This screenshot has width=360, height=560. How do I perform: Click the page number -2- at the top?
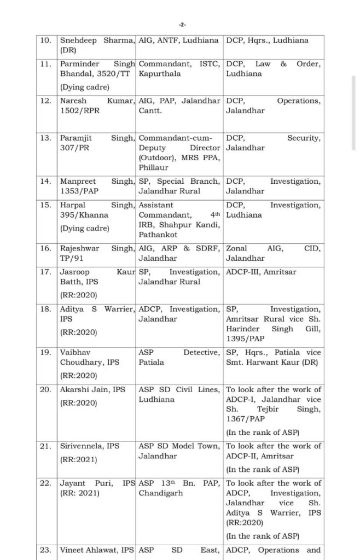[182, 25]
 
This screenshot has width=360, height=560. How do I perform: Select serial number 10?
[47, 40]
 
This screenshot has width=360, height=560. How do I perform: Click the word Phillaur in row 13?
[154, 167]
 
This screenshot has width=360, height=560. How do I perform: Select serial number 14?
[47, 182]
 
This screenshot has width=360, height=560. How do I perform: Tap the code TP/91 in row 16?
[71, 259]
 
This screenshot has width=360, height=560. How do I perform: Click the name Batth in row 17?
[71, 282]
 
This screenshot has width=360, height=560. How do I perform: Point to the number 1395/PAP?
[246, 339]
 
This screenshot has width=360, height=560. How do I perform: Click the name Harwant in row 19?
[273, 362]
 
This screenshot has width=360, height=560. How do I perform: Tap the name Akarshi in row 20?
[74, 389]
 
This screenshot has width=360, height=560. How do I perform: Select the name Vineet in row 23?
[72, 550]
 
